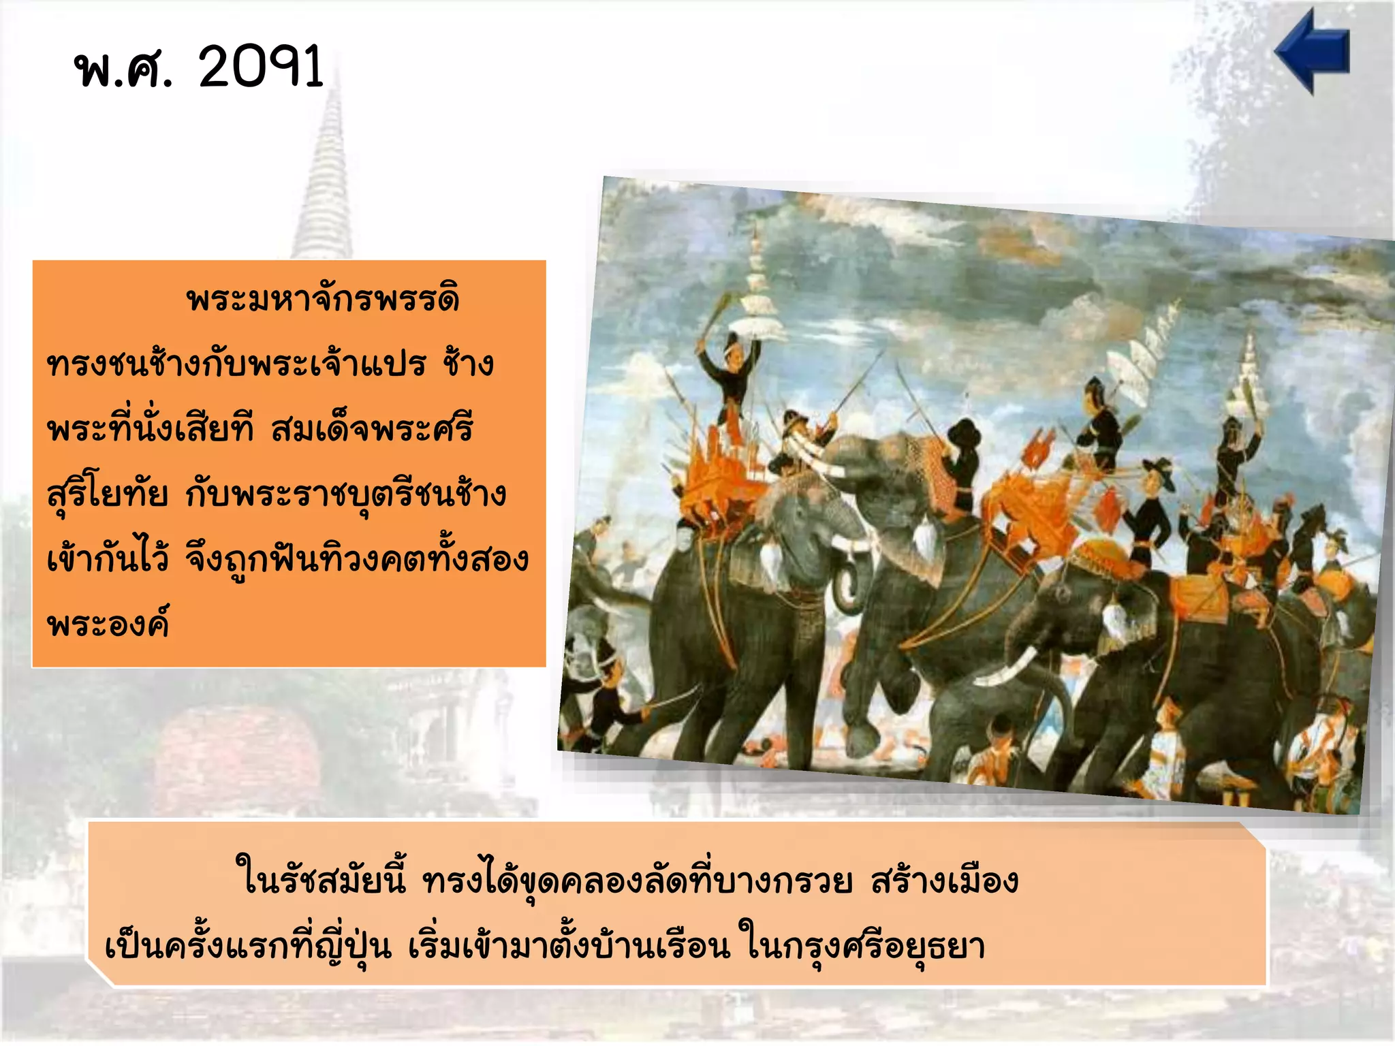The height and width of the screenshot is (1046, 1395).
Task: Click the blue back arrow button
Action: (x=1311, y=52)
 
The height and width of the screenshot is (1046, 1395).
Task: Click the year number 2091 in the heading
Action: (x=261, y=67)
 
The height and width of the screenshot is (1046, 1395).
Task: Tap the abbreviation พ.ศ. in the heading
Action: (x=123, y=69)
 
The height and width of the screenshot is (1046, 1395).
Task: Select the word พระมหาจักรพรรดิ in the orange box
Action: (x=323, y=299)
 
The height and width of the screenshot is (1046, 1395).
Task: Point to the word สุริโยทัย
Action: (x=108, y=494)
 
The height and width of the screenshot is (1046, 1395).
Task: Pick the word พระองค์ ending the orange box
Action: (x=108, y=623)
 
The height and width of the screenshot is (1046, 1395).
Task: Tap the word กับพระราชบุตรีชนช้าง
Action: (x=346, y=494)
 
